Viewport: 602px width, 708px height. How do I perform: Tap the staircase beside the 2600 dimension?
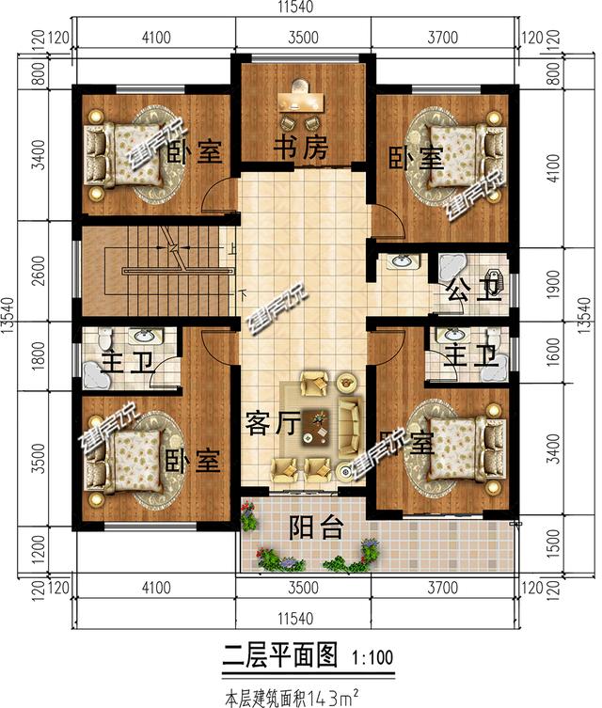point(155,272)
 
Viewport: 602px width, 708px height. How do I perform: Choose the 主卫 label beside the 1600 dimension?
point(468,356)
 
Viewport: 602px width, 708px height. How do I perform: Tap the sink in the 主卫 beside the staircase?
point(144,336)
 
